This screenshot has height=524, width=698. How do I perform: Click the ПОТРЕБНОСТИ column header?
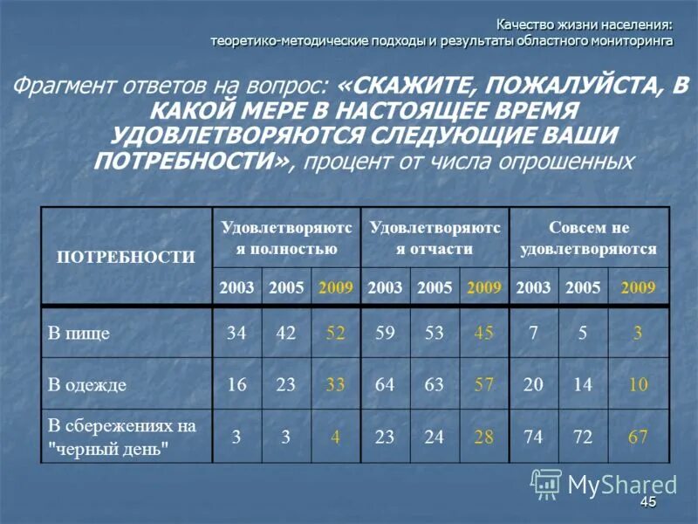coord(126,257)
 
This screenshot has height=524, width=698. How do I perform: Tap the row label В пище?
coord(79,333)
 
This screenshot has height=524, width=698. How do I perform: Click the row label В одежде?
coord(86,384)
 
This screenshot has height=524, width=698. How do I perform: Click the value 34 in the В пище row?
coord(236,333)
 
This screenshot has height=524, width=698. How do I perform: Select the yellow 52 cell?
coord(335,333)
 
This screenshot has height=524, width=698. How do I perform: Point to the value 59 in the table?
coord(384,333)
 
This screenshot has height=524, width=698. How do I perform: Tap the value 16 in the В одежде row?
coord(236,384)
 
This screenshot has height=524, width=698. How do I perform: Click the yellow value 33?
coord(335,384)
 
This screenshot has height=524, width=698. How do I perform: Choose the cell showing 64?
coord(384,384)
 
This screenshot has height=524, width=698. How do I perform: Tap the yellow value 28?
coord(483,437)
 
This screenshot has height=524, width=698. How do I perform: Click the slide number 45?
coord(647,502)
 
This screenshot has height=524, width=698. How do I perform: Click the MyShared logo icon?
coord(546,483)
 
